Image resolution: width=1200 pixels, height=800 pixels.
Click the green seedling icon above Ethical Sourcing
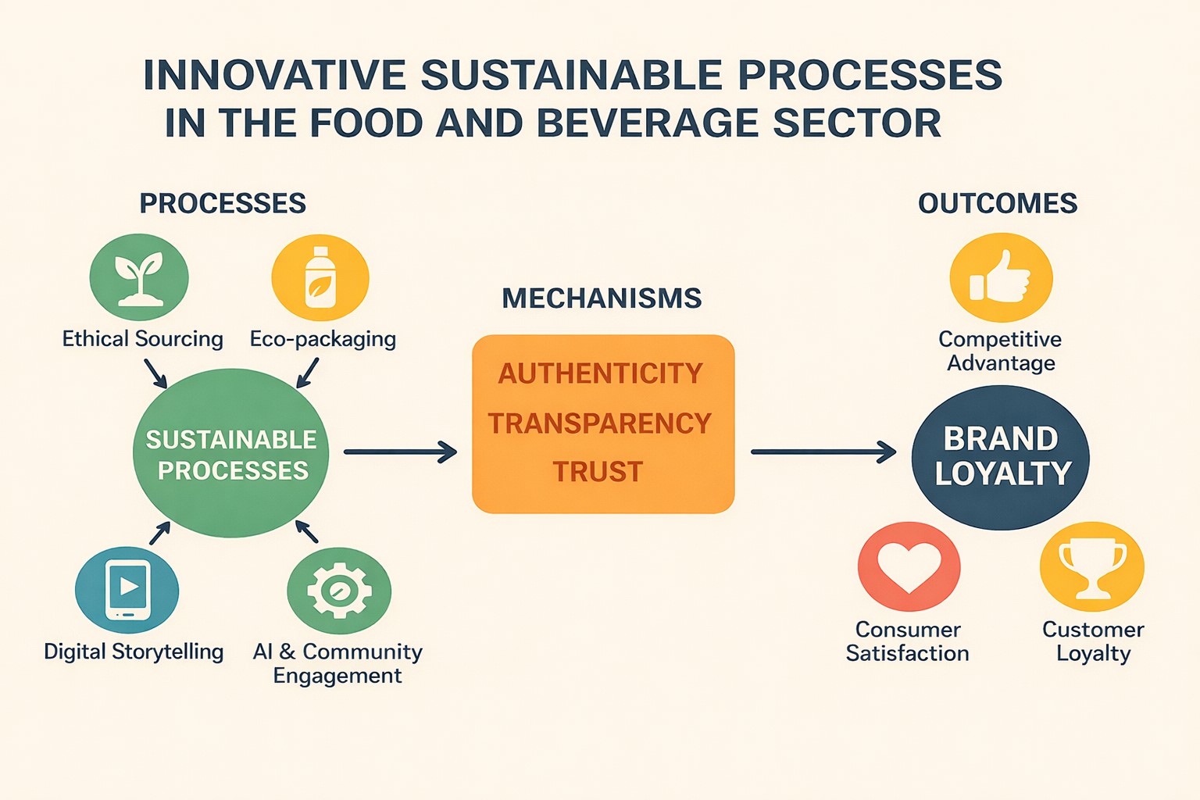click(139, 277)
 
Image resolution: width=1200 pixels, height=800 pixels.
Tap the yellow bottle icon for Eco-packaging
click(320, 278)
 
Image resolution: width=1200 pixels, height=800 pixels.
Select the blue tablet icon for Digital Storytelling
click(127, 590)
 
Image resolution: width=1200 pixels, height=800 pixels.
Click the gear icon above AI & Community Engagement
click(339, 591)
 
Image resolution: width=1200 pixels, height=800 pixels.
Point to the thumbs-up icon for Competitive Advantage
click(1001, 277)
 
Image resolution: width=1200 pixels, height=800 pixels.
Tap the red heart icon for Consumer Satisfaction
click(909, 566)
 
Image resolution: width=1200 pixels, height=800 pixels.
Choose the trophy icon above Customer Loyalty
click(1092, 566)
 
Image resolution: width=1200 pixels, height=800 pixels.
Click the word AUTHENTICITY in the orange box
click(601, 373)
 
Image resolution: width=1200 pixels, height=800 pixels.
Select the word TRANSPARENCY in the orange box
click(600, 423)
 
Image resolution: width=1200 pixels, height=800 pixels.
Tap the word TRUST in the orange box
click(598, 472)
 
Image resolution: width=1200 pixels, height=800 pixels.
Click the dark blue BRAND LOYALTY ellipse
click(1001, 457)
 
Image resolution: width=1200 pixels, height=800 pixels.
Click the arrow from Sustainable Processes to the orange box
click(400, 452)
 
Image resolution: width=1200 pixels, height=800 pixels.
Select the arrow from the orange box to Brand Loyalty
click(823, 452)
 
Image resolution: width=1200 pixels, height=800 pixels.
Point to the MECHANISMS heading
click(602, 298)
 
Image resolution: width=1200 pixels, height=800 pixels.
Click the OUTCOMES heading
click(998, 204)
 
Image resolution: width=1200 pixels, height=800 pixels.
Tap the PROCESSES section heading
click(223, 204)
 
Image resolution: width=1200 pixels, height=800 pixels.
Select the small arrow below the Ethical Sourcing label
click(156, 373)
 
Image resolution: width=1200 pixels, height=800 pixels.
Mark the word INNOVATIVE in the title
click(274, 75)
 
